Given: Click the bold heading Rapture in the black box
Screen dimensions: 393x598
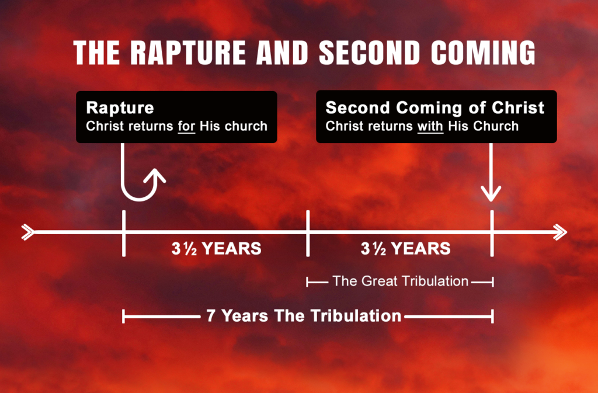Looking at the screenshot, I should point(120,108).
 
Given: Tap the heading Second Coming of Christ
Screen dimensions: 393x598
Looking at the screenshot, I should point(435,108).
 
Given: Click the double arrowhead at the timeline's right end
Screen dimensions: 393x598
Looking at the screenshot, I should point(559,232).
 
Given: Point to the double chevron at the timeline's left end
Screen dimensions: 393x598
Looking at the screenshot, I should point(27,232).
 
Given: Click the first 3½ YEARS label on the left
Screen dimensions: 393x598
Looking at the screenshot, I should point(216,249).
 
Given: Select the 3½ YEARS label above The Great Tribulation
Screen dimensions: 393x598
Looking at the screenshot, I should point(405,249).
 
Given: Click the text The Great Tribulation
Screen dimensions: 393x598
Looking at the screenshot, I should point(400,281).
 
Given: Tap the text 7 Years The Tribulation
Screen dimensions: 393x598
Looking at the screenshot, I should point(304,316).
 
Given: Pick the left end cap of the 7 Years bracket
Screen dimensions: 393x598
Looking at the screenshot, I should point(124,317).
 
